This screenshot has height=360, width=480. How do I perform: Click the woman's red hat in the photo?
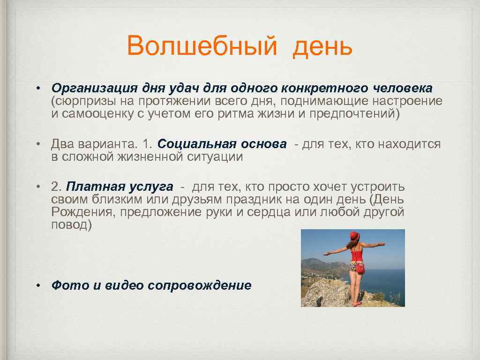tap(354, 235)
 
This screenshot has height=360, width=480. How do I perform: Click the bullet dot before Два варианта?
tap(41, 144)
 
